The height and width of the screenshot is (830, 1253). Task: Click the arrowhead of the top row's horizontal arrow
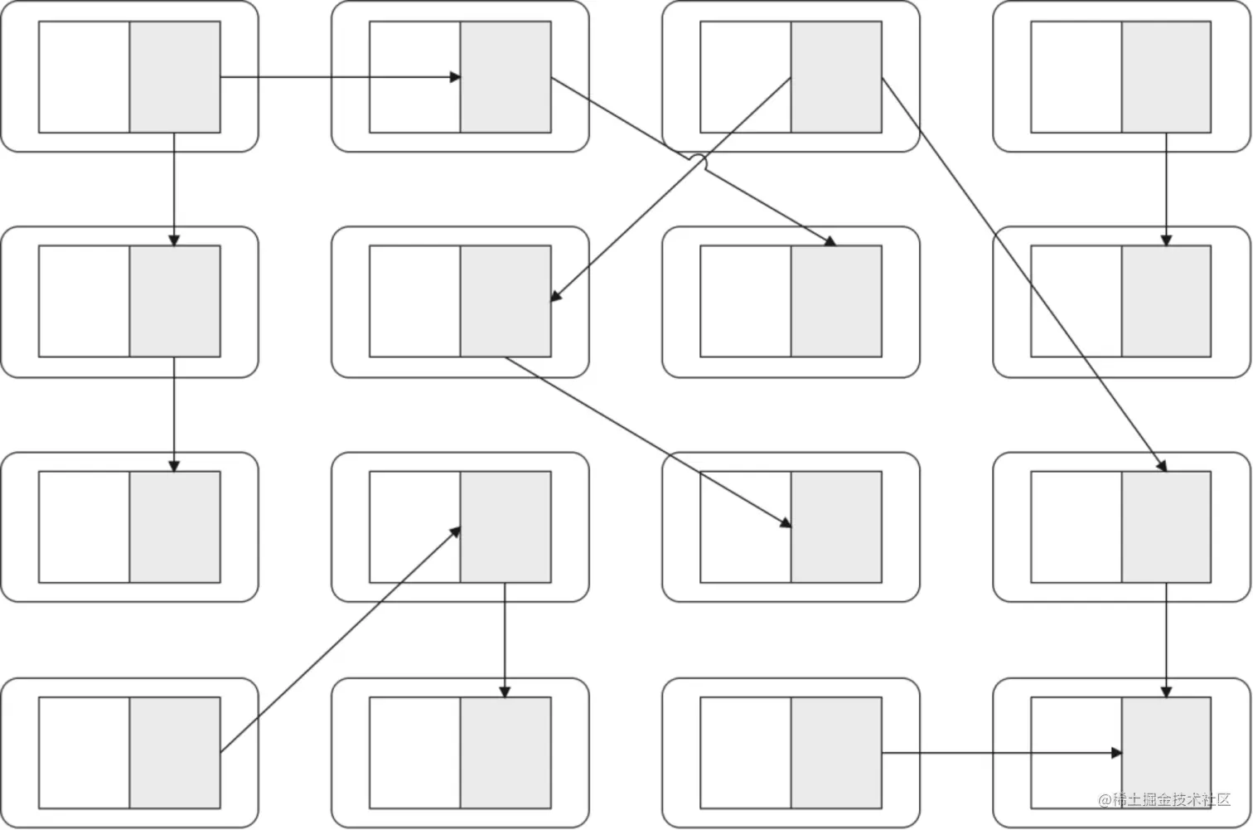tap(455, 77)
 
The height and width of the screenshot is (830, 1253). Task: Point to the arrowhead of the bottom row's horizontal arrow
tap(1116, 753)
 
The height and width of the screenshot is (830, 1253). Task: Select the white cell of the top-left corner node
tap(84, 77)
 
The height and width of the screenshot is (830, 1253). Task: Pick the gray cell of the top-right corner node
tap(1166, 77)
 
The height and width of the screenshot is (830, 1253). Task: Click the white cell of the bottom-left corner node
tap(84, 753)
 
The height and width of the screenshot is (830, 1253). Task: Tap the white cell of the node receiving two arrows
tap(1076, 753)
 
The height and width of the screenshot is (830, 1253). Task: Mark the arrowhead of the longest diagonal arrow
tap(1162, 466)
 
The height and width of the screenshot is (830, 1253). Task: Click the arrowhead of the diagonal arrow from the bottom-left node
tap(456, 530)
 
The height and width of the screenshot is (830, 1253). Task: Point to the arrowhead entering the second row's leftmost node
tap(174, 240)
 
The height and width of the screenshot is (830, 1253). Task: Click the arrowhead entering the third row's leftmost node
tap(174, 466)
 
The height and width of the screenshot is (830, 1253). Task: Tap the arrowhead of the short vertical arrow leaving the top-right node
tap(1166, 240)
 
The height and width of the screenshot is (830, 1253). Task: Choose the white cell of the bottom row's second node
tap(414, 753)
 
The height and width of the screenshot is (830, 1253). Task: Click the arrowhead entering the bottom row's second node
tap(505, 692)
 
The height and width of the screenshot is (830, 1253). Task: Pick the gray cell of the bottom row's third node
tap(836, 753)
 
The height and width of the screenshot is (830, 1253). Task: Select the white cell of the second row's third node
tap(745, 301)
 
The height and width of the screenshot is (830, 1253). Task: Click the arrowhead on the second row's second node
tap(556, 296)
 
